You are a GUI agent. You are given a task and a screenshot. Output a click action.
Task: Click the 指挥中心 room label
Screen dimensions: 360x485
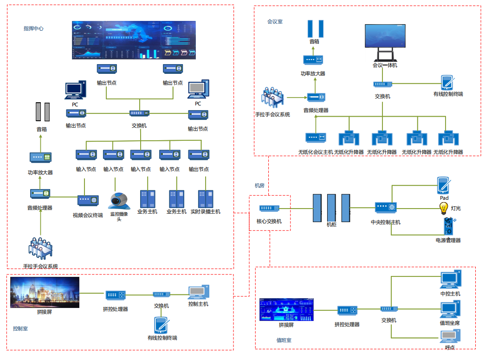point(33,28)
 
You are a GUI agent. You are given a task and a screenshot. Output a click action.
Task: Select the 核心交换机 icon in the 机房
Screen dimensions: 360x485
point(269,209)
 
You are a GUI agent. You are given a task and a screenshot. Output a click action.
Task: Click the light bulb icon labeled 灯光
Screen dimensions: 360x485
point(444,208)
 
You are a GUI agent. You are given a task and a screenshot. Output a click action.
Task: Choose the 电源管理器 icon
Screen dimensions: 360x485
point(448,226)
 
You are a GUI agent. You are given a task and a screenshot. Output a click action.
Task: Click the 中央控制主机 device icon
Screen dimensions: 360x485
point(385,207)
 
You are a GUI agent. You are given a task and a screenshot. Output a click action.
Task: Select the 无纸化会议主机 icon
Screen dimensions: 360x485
point(316,137)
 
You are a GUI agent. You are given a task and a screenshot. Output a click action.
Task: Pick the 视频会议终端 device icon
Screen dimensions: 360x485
point(88,200)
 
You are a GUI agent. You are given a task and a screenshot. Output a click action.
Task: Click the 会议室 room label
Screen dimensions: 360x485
point(275,21)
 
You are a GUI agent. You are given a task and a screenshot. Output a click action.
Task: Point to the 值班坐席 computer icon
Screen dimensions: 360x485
point(450,308)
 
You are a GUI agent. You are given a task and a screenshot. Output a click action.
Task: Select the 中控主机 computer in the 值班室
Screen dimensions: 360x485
point(450,279)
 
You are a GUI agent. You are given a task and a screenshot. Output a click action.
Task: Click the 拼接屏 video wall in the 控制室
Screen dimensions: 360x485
point(45,292)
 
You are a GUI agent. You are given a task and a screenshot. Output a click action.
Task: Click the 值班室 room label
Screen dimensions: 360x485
point(284,340)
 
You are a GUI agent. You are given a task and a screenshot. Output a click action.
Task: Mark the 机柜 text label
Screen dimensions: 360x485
point(331,224)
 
